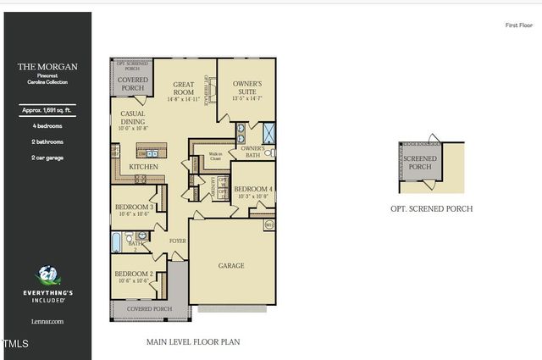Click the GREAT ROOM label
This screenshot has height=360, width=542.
(185, 89)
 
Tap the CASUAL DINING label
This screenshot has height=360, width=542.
(133, 118)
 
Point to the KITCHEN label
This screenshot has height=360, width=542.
(144, 168)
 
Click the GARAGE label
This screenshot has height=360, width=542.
(231, 266)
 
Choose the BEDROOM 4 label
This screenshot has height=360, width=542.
(253, 189)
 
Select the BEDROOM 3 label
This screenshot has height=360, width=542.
(134, 208)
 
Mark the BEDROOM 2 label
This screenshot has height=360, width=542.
(133, 274)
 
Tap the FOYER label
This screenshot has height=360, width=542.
(177, 241)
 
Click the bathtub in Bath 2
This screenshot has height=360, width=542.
(119, 243)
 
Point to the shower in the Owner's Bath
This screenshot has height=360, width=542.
(269, 131)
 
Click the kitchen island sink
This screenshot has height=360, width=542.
(152, 153)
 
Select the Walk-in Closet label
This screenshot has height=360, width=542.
(215, 156)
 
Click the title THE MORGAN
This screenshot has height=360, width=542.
(47, 66)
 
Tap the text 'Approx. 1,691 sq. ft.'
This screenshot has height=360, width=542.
(47, 110)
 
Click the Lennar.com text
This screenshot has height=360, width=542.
(47, 322)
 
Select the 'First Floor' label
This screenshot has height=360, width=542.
(517, 25)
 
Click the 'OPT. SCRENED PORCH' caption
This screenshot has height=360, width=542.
(431, 208)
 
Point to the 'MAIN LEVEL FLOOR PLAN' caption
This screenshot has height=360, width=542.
(193, 343)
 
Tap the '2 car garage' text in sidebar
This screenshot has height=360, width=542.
(47, 158)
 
